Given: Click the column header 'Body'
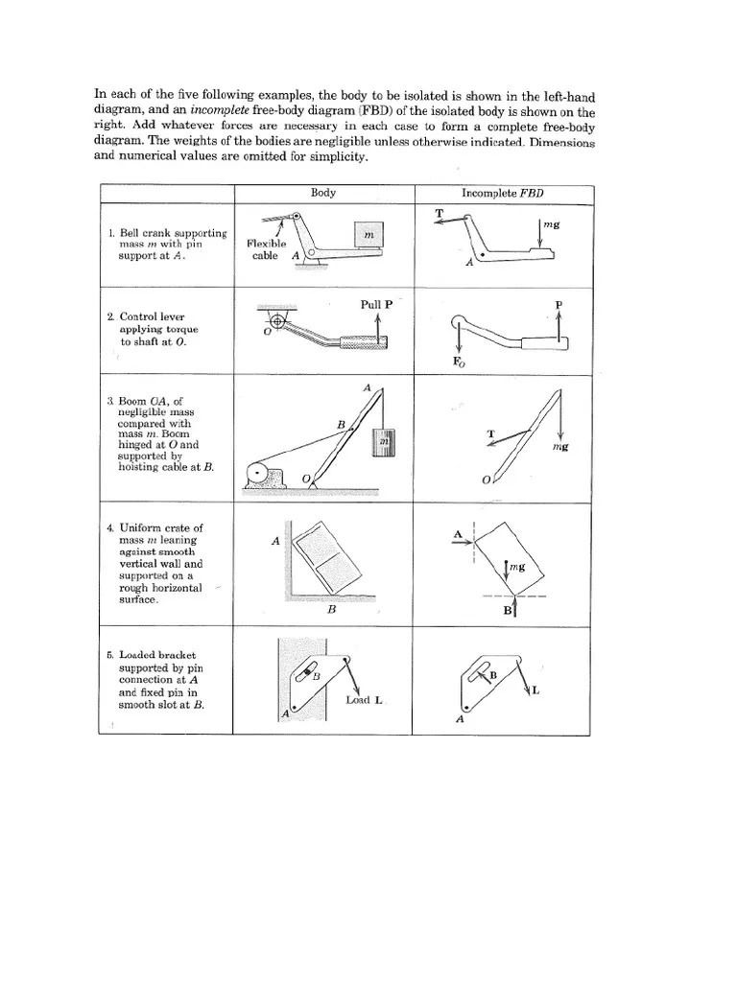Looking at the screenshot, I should tap(323, 193).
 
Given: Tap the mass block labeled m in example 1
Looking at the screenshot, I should tap(367, 235).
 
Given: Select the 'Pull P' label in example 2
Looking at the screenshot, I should tap(376, 305).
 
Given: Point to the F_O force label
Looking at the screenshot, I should tap(460, 362).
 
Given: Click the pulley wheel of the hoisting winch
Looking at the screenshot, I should tap(256, 474).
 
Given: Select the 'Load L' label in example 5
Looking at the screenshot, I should tap(365, 700).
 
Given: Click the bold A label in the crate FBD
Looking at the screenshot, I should tap(459, 534).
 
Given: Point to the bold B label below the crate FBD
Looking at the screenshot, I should tap(506, 610).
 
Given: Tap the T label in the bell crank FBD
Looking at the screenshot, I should tap(439, 213).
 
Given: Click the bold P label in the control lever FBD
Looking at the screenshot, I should tap(559, 306).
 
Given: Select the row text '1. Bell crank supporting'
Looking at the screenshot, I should tap(167, 233).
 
